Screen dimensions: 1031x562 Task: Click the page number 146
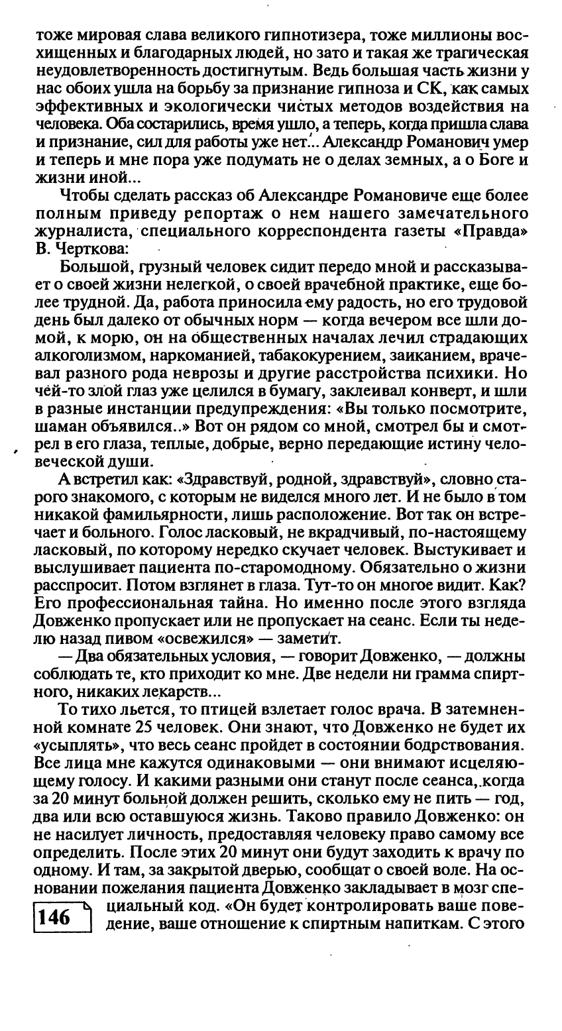tap(54, 917)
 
